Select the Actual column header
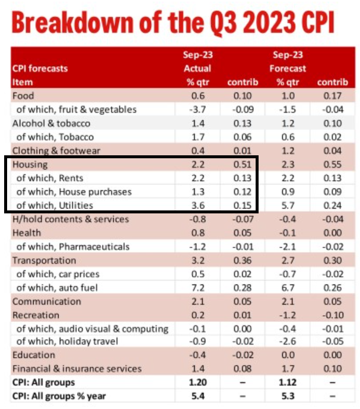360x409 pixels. (x=198, y=69)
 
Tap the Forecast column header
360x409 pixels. (x=288, y=69)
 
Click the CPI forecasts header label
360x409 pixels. (x=40, y=69)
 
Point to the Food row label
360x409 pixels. (x=23, y=96)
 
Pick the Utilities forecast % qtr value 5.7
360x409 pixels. (x=287, y=205)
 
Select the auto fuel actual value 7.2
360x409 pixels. (x=198, y=287)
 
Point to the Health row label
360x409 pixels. (x=27, y=233)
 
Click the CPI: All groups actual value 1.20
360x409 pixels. (x=197, y=383)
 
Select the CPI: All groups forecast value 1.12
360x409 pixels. (x=288, y=383)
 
